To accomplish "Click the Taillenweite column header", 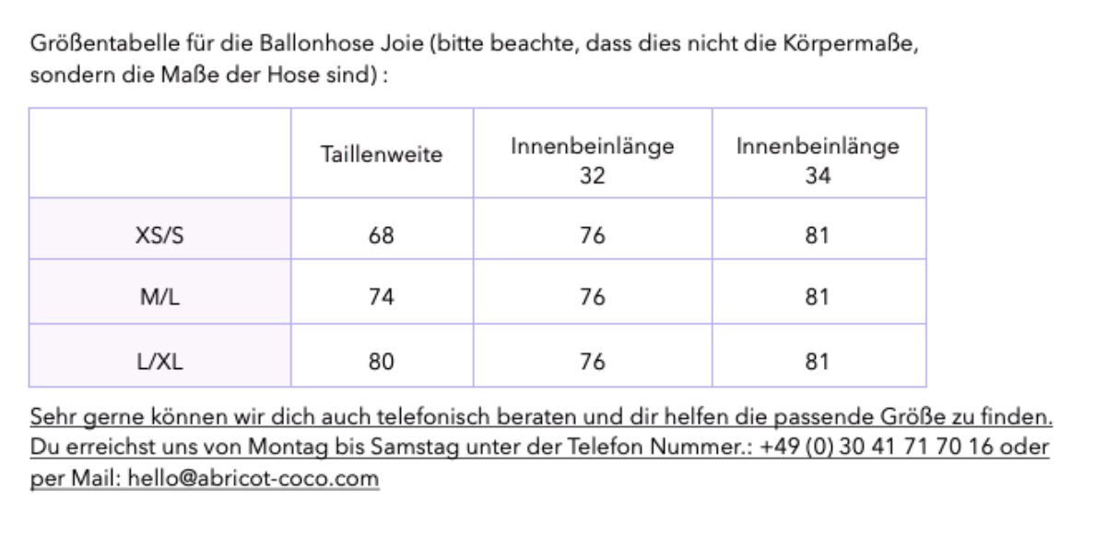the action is [382, 154].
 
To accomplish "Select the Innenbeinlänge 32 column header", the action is [592, 160].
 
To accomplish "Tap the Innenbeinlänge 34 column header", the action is [818, 160].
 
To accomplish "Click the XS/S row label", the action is [160, 235].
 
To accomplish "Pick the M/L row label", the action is [160, 297].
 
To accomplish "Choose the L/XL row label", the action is [160, 362].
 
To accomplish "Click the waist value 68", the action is [382, 235].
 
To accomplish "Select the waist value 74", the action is [382, 297].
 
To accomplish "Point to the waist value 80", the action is [382, 362].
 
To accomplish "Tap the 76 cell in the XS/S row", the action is [592, 235].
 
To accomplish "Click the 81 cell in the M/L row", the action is [817, 297].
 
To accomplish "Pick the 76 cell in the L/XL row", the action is [592, 362].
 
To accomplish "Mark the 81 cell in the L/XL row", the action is [817, 362].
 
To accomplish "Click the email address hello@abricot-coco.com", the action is [253, 478].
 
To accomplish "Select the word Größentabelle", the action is [105, 43].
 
